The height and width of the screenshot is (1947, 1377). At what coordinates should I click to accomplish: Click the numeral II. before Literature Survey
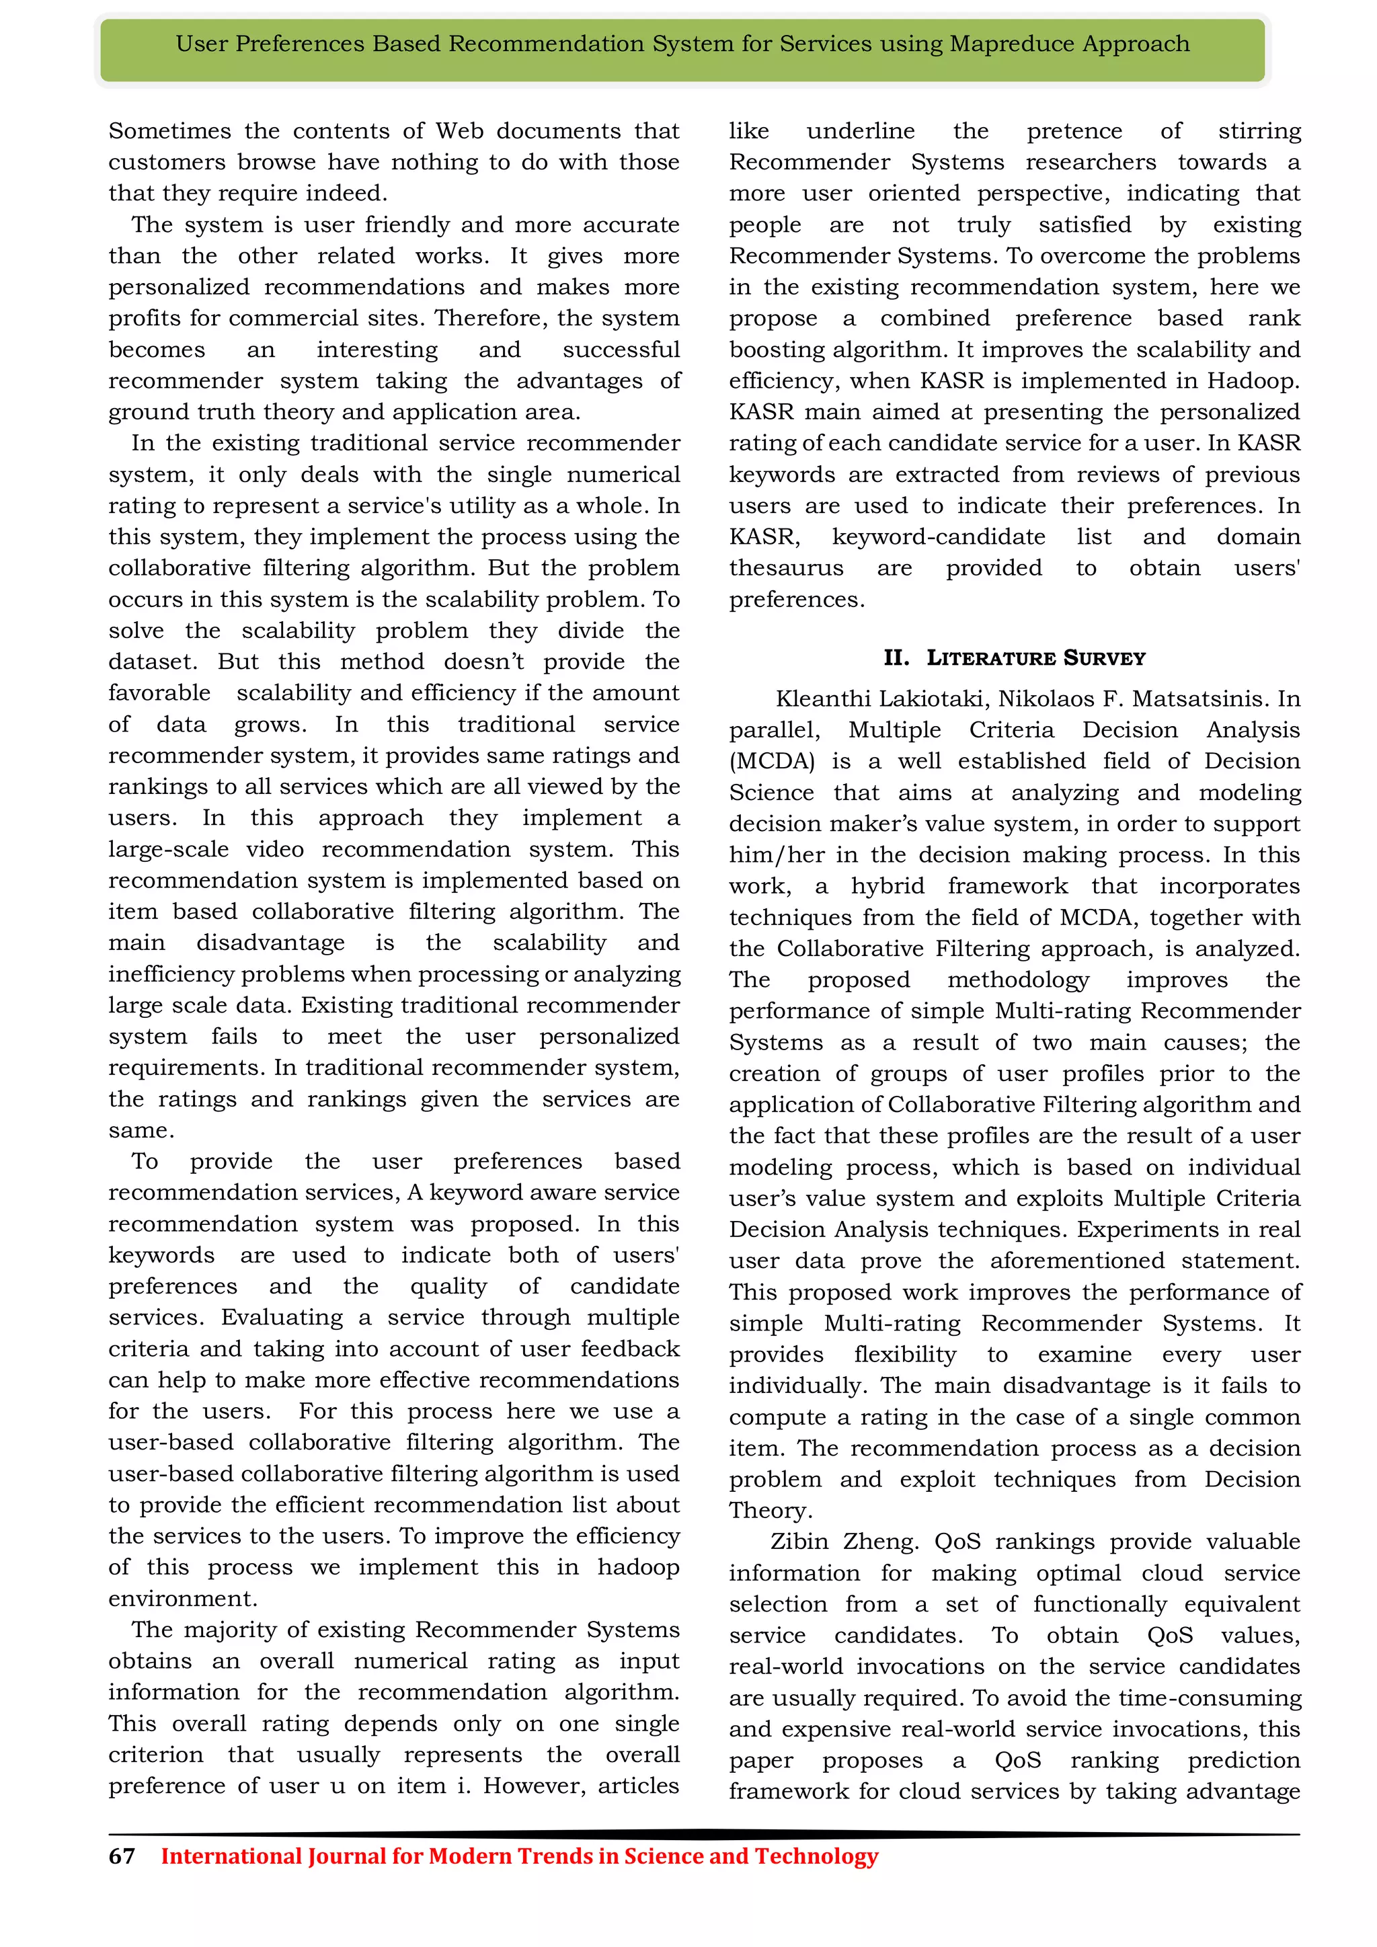pyautogui.click(x=896, y=658)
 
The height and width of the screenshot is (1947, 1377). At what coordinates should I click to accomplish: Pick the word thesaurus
pyautogui.click(x=786, y=568)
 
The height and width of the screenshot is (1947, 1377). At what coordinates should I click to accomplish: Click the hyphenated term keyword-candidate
pyautogui.click(x=939, y=537)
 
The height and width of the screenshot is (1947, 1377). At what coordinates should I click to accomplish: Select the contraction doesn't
pyautogui.click(x=484, y=662)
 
